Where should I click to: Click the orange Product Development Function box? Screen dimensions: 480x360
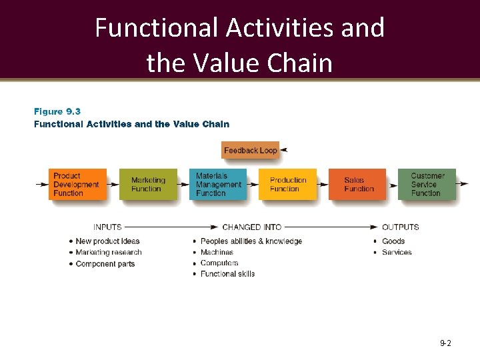point(78,185)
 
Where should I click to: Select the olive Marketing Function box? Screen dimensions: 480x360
point(148,185)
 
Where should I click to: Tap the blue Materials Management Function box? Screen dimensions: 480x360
point(218,185)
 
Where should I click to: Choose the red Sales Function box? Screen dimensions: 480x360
point(357,185)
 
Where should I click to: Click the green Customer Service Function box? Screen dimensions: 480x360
point(427,185)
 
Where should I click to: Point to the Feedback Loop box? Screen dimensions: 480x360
point(250,151)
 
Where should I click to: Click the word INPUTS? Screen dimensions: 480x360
point(107,227)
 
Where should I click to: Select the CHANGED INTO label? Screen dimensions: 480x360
point(252,227)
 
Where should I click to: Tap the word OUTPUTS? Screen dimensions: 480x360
point(401,227)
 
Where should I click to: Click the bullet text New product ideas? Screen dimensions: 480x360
point(107,241)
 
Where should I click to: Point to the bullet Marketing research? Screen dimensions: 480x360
point(109,253)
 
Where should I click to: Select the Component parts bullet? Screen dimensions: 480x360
point(105,264)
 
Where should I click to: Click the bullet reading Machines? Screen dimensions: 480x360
point(217,253)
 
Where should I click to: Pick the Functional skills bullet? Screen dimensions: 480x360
point(227,274)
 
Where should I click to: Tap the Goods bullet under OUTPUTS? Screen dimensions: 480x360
point(393,241)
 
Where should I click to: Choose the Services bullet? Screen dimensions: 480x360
point(397,253)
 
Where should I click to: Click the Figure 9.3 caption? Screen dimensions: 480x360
point(57,111)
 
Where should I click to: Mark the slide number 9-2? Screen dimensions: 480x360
point(445,343)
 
